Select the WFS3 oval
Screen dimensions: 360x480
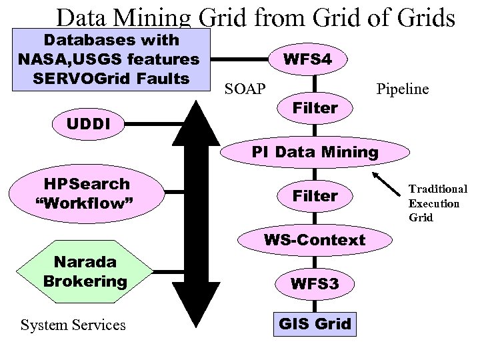coord(315,283)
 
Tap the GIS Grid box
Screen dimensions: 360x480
coord(315,325)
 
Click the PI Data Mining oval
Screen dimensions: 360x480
coord(315,152)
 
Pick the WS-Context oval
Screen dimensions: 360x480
coord(315,240)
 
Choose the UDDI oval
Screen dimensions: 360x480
coord(88,123)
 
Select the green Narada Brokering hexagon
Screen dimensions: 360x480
coord(85,272)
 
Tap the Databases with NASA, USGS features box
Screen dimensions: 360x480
coord(109,59)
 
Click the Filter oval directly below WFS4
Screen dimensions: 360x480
coord(315,108)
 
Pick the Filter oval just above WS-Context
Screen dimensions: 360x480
coord(315,196)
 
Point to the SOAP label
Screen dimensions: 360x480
coord(245,89)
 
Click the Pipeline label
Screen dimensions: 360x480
coord(402,89)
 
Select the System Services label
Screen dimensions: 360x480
coord(73,325)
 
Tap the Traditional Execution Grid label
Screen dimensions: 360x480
coord(438,203)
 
